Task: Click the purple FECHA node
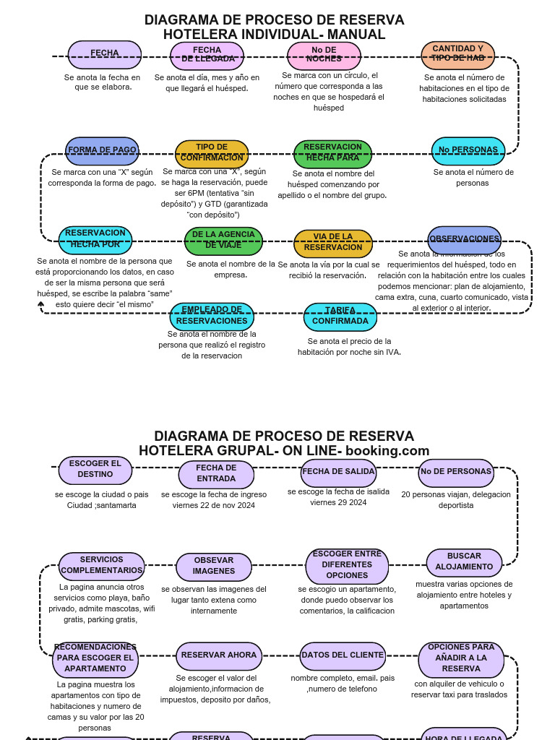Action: (x=105, y=54)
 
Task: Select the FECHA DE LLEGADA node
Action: (x=207, y=56)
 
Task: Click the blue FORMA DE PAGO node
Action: (x=102, y=150)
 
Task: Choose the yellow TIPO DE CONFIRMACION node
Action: (x=212, y=153)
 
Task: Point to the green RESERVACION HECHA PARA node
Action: (x=332, y=153)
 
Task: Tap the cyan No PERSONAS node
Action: (x=468, y=150)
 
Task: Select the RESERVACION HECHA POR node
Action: (x=95, y=239)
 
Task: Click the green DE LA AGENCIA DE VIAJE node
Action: (x=223, y=241)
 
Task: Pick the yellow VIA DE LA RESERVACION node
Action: (x=333, y=243)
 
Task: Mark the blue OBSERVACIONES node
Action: (x=465, y=239)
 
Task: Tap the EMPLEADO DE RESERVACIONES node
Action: (x=212, y=317)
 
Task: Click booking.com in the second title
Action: (x=387, y=452)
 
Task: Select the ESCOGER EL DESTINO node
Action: (x=95, y=470)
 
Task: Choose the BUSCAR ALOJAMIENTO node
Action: (x=464, y=562)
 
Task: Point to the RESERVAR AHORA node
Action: (x=219, y=655)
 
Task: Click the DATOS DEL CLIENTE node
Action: (x=343, y=655)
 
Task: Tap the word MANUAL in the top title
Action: (x=356, y=35)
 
